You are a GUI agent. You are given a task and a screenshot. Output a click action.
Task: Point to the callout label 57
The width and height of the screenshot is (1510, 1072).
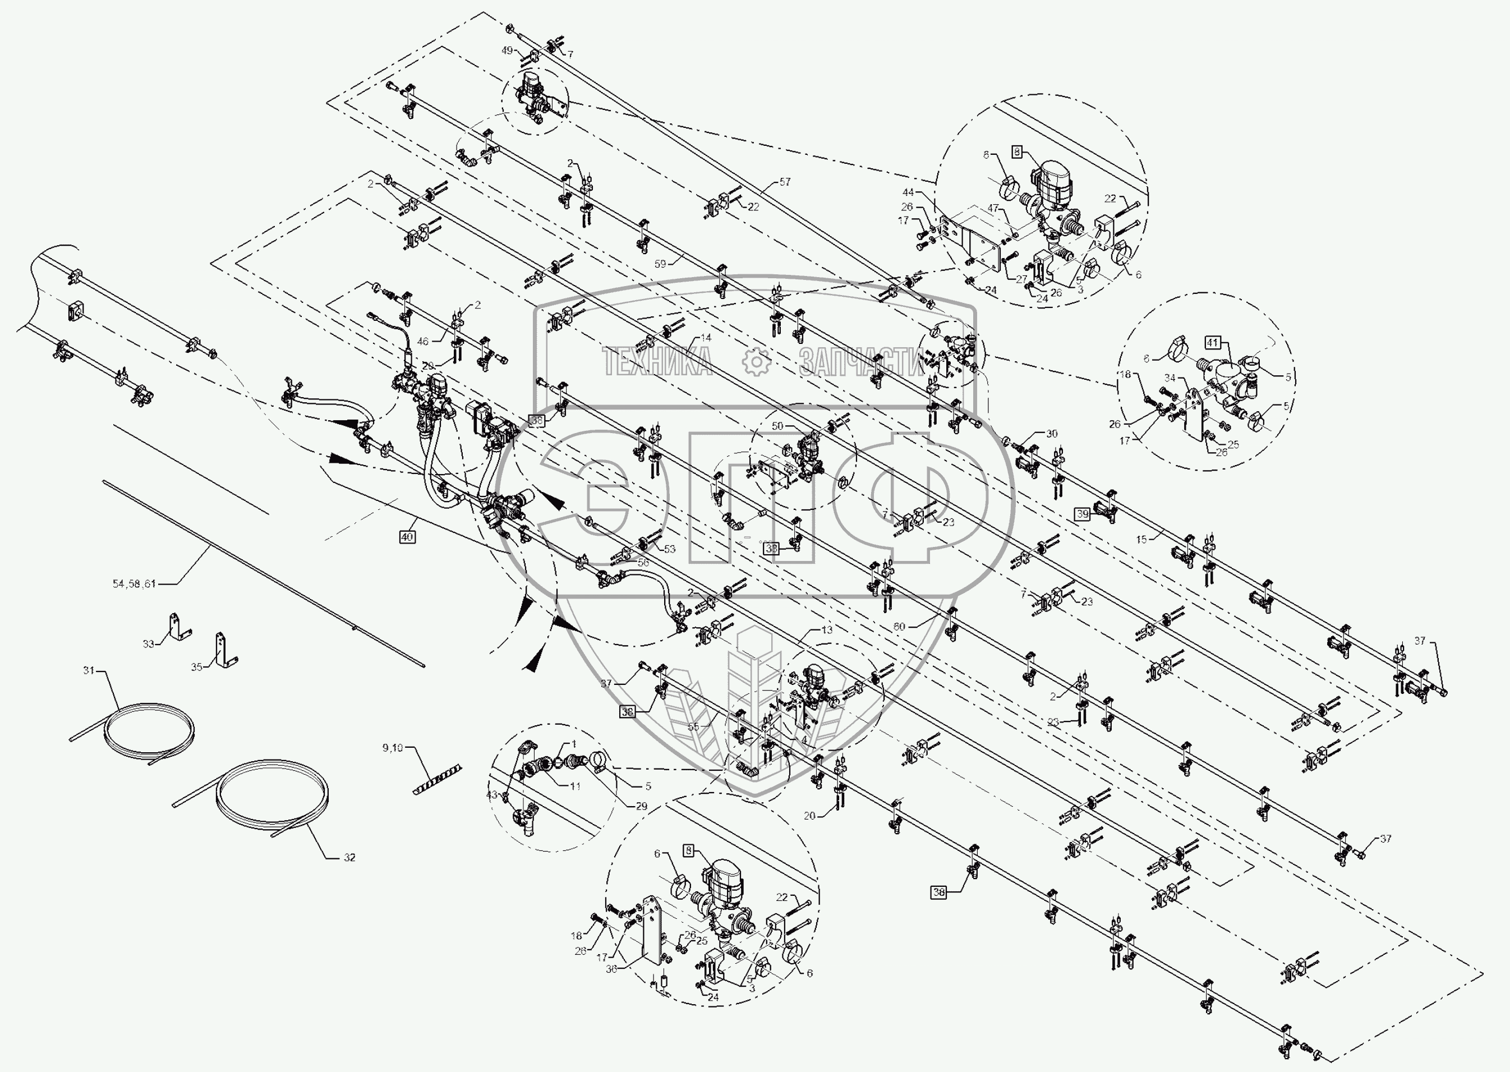(x=785, y=182)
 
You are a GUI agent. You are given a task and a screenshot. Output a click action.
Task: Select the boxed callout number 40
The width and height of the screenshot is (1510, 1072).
(x=407, y=537)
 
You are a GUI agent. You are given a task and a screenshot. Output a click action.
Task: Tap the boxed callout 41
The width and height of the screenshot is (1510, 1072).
(x=1212, y=343)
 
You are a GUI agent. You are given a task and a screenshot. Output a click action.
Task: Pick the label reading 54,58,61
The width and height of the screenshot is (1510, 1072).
(x=134, y=583)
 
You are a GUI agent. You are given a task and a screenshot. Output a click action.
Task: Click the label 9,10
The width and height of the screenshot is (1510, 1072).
(x=393, y=748)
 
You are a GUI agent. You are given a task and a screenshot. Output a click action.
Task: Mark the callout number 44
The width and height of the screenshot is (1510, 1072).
(x=908, y=192)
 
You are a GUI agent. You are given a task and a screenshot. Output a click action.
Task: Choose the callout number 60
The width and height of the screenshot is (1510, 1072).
(x=899, y=627)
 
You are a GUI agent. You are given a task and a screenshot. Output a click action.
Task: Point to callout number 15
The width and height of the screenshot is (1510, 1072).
(x=1141, y=539)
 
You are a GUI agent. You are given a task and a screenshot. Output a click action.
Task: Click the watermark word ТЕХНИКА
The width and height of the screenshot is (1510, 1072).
(x=656, y=361)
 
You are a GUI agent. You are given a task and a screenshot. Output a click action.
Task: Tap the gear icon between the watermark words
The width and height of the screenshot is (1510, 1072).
(x=756, y=361)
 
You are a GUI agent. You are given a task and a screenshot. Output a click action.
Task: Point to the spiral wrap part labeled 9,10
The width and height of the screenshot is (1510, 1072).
(x=437, y=780)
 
